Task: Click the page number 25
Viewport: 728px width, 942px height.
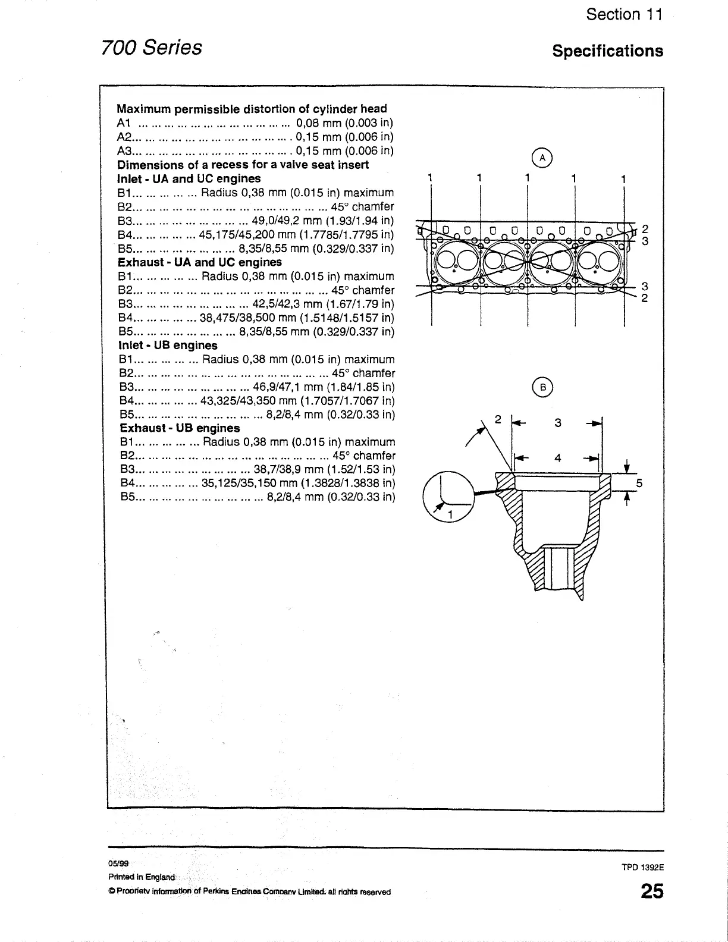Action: point(651,892)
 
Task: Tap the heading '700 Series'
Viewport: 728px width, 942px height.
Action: point(152,47)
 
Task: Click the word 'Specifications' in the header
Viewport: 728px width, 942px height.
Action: point(607,51)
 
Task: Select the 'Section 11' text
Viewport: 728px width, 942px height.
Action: point(624,15)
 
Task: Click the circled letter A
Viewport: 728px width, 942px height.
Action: point(542,158)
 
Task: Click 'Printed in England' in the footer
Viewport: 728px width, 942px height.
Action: point(142,877)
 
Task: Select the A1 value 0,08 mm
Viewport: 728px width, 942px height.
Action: point(318,123)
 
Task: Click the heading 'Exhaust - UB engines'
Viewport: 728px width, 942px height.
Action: point(180,428)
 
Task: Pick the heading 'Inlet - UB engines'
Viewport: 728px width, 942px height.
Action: point(168,346)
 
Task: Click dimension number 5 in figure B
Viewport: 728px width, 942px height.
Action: point(639,483)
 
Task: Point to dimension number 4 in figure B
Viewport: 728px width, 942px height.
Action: point(557,458)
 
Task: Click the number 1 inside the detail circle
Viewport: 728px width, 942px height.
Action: point(450,514)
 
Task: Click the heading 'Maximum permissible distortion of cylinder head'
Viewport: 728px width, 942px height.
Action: point(252,109)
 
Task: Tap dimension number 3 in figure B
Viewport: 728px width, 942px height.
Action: point(557,423)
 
